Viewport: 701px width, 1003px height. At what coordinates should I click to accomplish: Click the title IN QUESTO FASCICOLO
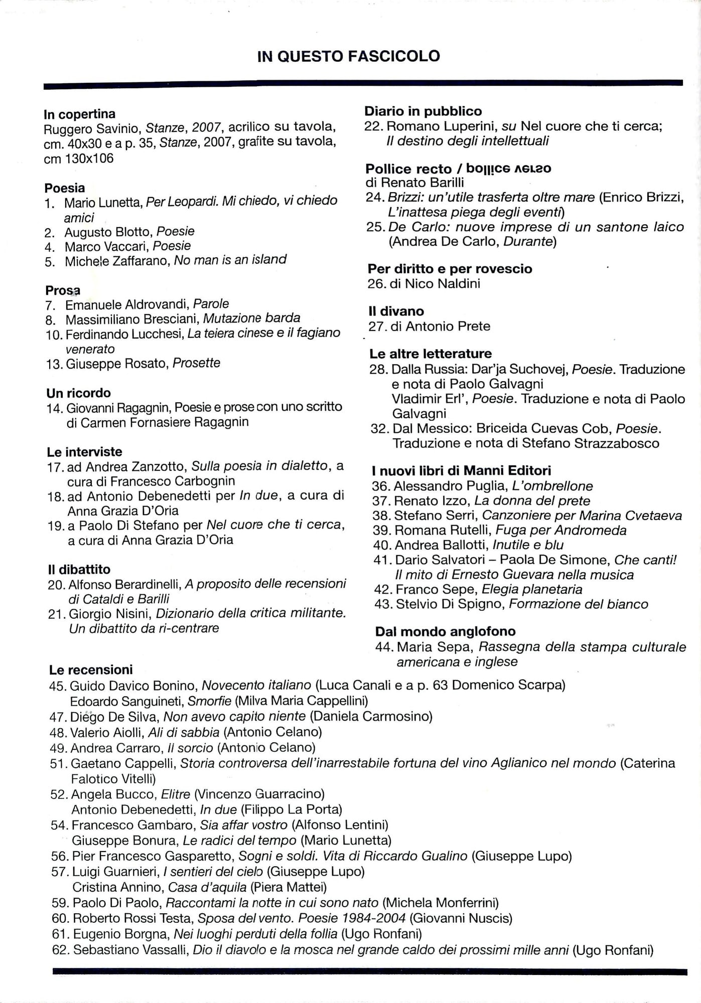[x=348, y=56]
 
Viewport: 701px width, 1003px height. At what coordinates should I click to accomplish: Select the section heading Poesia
[x=65, y=188]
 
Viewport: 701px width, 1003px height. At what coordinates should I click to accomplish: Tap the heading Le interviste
[x=84, y=451]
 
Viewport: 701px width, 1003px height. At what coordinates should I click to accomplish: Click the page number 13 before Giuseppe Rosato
[x=53, y=364]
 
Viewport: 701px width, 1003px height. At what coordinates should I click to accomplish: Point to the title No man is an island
[x=230, y=260]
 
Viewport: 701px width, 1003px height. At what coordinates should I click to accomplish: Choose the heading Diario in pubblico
[x=423, y=111]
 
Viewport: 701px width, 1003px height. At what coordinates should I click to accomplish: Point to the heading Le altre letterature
[x=431, y=354]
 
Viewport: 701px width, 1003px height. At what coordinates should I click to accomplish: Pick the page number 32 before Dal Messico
[x=380, y=429]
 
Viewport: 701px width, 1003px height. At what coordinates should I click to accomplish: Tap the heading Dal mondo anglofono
[x=445, y=631]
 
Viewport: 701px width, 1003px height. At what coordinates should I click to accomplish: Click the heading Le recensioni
[x=91, y=670]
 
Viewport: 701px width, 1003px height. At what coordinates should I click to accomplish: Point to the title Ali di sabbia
[x=184, y=732]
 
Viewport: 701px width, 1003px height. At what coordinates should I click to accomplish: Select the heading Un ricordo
[x=78, y=393]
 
